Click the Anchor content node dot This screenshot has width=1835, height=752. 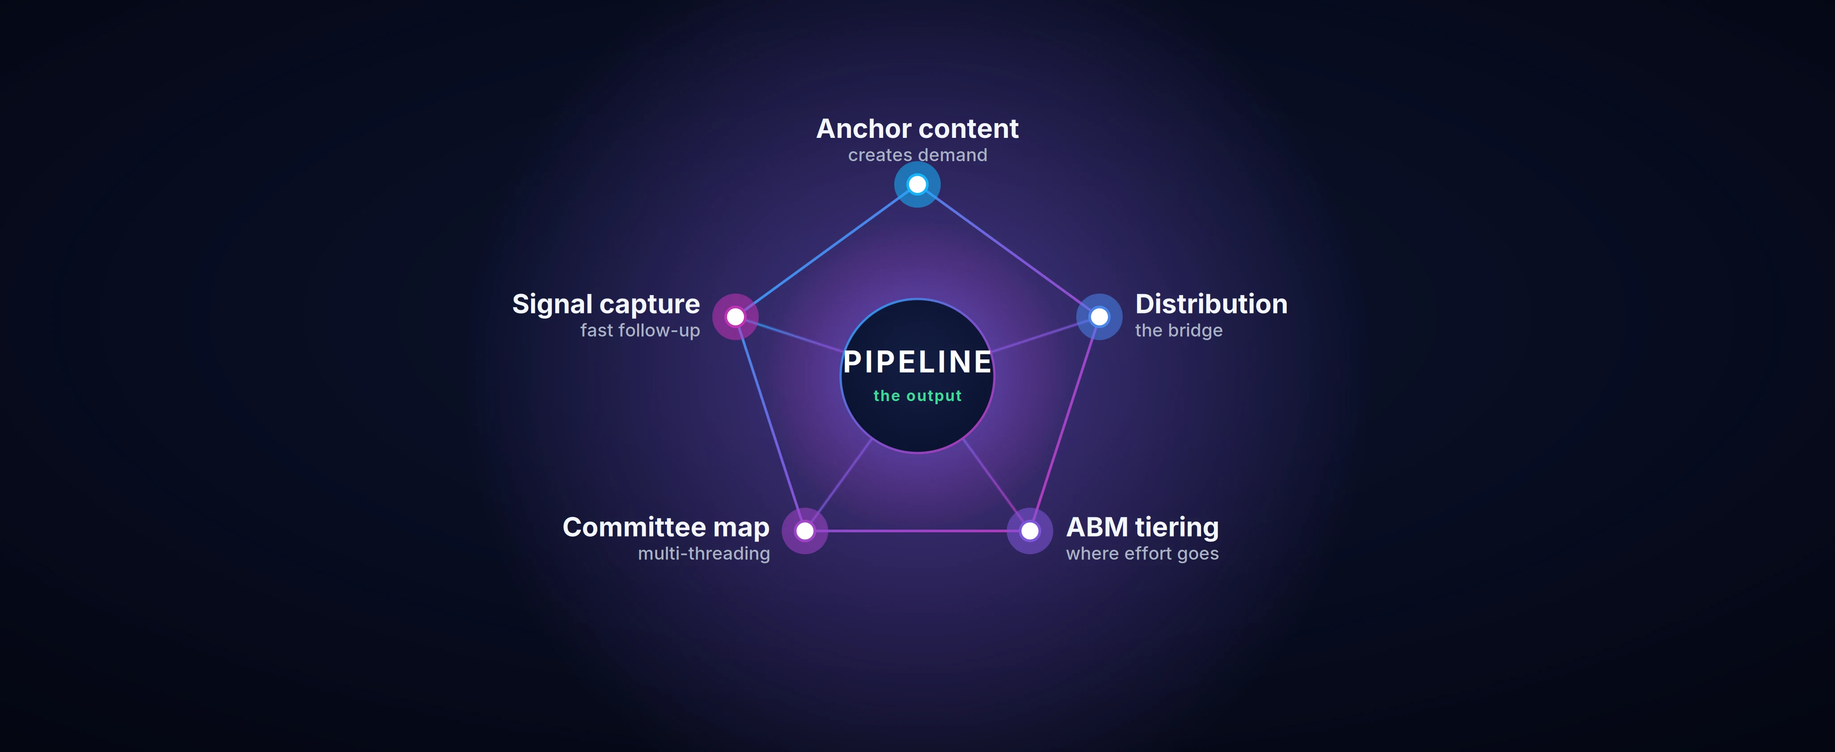tap(917, 184)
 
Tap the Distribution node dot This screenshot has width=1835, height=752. tap(1099, 316)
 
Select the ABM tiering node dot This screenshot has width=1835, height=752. tap(1030, 531)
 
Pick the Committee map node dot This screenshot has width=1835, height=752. tap(805, 531)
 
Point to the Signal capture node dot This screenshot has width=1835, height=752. tap(735, 316)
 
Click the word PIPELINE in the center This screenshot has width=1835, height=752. tap(917, 362)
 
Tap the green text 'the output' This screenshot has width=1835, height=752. tap(917, 396)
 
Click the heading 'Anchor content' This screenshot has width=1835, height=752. tap(917, 129)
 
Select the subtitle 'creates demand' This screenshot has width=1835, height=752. tap(917, 155)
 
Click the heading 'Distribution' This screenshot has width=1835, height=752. tap(1211, 304)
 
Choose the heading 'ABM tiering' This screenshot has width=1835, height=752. tap(1142, 527)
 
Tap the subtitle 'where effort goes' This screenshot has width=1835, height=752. tap(1142, 553)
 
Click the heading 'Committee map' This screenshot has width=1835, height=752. tap(666, 527)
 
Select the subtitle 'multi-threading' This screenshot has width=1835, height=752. tap(704, 553)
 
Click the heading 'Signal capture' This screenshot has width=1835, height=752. tap(606, 304)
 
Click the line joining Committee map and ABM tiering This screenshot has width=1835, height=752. tap(917, 531)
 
